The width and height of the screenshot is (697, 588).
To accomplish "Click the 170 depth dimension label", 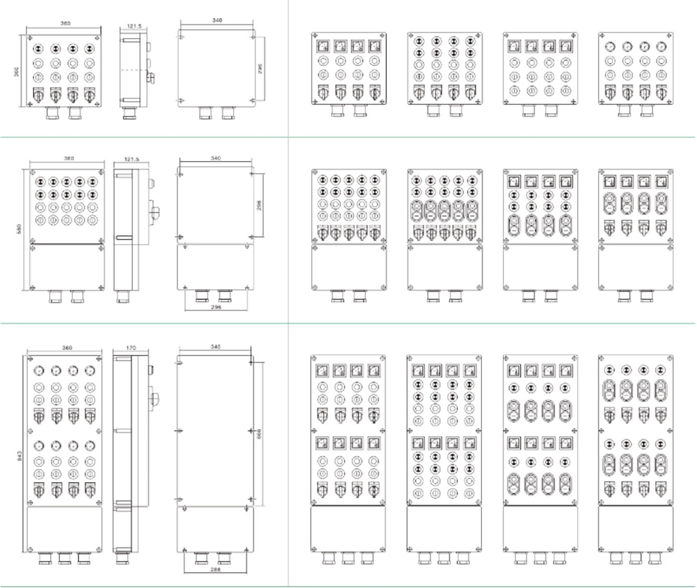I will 130,348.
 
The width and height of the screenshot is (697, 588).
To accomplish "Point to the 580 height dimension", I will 18,227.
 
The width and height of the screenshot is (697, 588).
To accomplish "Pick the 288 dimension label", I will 216,569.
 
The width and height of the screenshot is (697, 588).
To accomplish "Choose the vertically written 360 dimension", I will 17,70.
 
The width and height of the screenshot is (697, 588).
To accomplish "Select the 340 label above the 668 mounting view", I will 216,347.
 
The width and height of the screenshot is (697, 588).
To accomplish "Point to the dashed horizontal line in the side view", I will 135,70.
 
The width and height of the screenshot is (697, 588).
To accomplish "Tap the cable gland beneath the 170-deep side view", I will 123,558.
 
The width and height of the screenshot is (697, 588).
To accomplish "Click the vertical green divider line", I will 289,292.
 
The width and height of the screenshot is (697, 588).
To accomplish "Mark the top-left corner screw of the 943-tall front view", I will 30,360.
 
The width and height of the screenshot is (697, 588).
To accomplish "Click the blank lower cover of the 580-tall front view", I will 66,267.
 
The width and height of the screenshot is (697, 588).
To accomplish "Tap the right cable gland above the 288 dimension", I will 224,557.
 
